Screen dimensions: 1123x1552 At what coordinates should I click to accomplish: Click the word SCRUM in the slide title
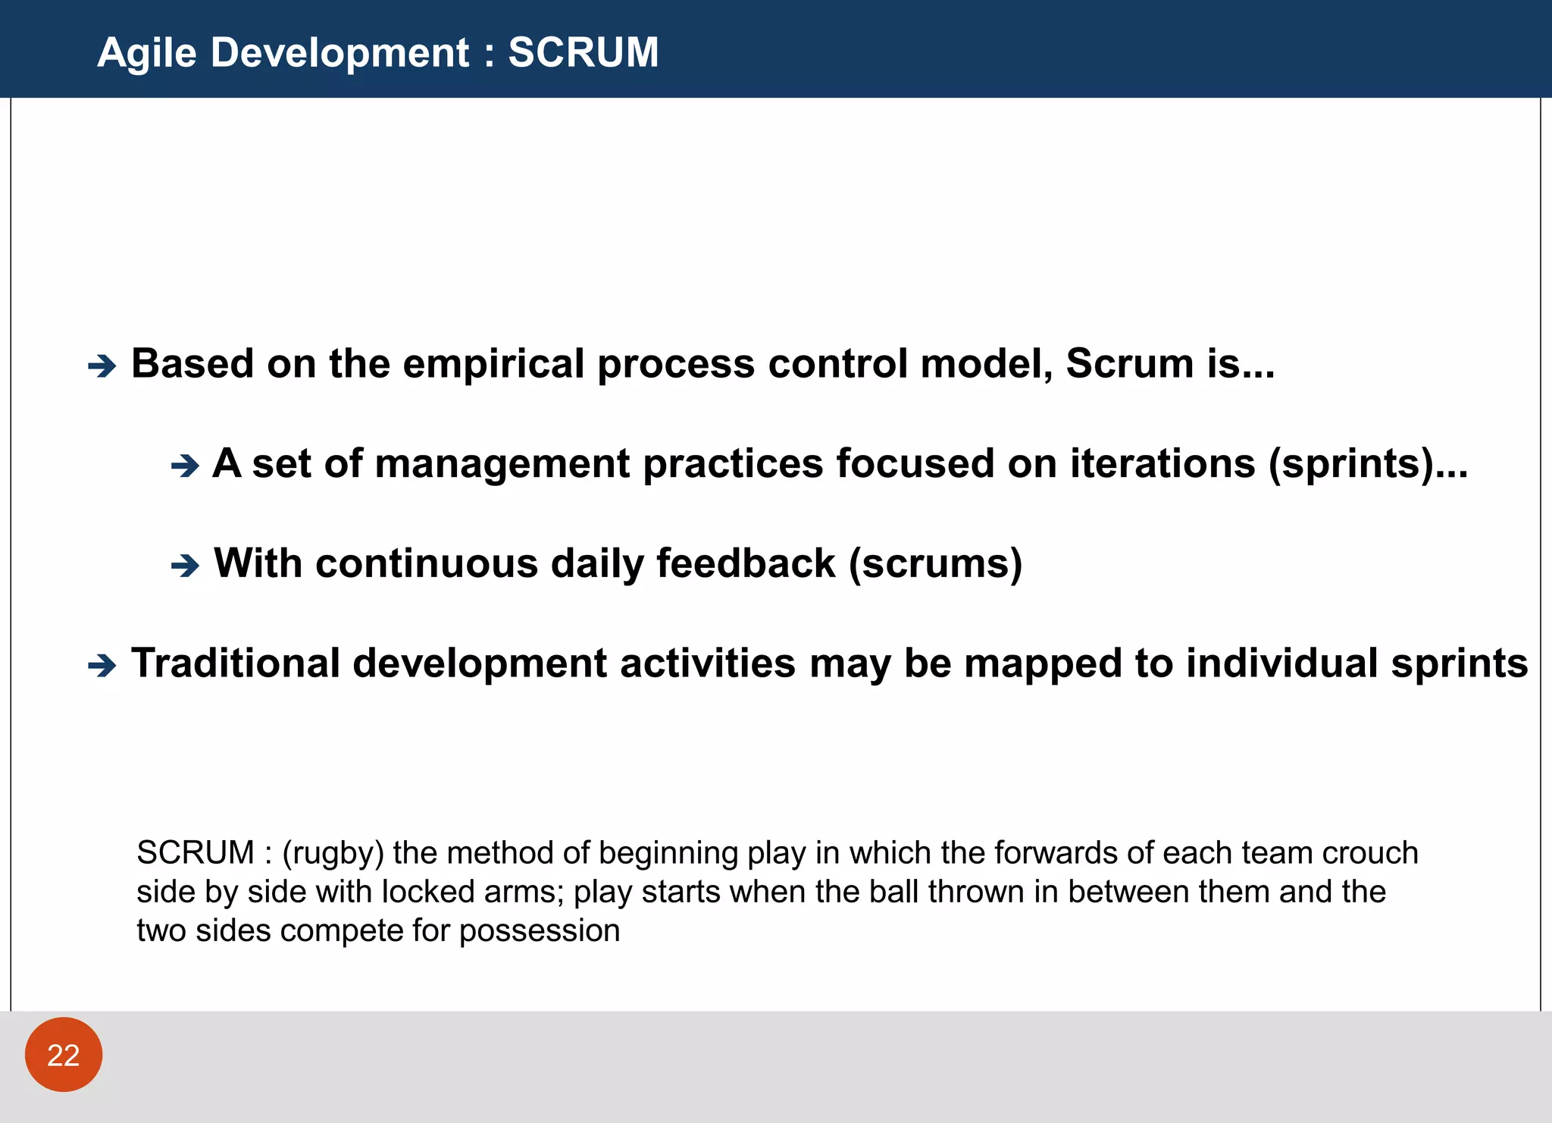(x=583, y=52)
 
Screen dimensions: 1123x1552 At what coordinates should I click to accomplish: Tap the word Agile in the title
(x=147, y=53)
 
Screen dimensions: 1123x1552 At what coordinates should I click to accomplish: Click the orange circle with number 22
(x=64, y=1054)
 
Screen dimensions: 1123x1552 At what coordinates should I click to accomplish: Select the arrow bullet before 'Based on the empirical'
(x=102, y=367)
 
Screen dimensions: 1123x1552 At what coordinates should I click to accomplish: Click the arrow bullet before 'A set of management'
(x=185, y=466)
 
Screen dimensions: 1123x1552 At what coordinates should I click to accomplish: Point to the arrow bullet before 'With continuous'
(x=185, y=566)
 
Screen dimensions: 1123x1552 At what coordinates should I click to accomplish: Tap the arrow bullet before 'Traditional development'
(x=102, y=666)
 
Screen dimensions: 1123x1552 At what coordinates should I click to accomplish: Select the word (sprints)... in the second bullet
(x=1368, y=463)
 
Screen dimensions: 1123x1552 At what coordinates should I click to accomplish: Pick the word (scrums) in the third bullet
(x=935, y=563)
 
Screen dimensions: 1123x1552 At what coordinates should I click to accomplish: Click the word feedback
(x=745, y=563)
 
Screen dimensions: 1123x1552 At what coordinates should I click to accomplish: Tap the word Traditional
(x=236, y=663)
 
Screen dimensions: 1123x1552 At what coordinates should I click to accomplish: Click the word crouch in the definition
(x=1370, y=853)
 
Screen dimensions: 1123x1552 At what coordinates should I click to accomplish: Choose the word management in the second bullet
(x=502, y=464)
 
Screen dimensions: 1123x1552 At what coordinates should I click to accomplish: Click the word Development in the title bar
(x=339, y=53)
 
